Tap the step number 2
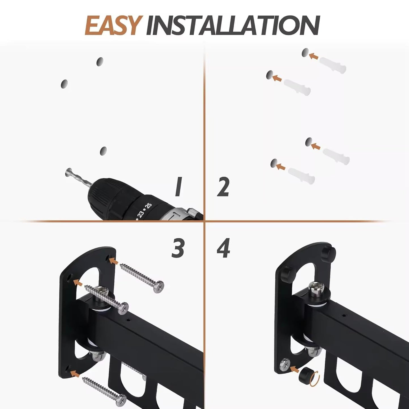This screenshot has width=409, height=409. click(x=223, y=187)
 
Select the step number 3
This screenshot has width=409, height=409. click(x=178, y=248)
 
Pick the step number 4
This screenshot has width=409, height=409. click(x=223, y=248)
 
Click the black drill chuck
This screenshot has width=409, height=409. click(x=113, y=192)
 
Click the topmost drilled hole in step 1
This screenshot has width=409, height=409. click(x=100, y=61)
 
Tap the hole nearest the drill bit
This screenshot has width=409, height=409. click(x=104, y=151)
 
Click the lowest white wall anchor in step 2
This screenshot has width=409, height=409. click(x=302, y=175)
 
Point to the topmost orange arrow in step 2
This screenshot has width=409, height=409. click(x=314, y=56)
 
